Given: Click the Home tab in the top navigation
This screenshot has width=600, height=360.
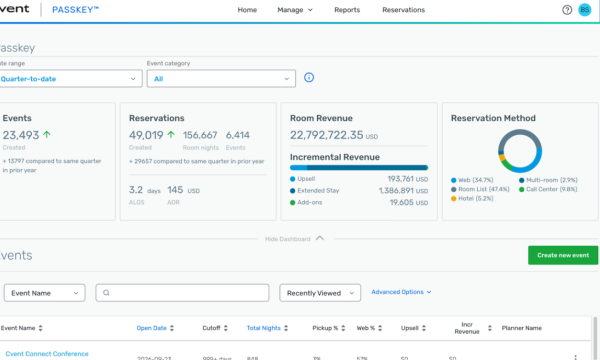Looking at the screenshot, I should point(247,10).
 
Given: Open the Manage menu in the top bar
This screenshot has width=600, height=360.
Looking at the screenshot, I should point(295,10).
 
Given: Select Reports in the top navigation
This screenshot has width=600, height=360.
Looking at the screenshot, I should point(347,10).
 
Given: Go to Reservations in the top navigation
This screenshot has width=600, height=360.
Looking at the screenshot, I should point(403,10).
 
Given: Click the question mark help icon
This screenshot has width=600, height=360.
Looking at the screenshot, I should point(567,10).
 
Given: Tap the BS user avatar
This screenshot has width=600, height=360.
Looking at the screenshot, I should point(585,10).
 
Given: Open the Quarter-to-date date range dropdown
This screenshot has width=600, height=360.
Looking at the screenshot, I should point(70,78).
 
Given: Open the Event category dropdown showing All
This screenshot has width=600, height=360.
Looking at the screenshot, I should point(220,78).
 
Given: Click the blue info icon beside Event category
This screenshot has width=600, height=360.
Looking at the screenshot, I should point(309,78).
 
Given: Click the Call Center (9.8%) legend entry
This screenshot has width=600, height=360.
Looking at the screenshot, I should point(551,188).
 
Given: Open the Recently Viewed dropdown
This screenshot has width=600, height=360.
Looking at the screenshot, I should point(320,293).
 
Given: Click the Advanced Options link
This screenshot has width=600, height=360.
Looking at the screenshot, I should point(401,292).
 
